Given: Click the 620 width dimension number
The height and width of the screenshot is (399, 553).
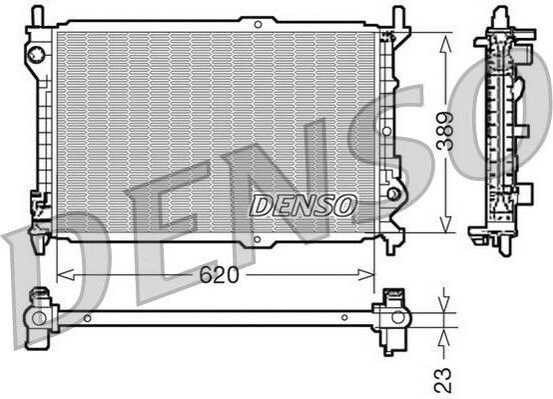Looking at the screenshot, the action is [219, 275].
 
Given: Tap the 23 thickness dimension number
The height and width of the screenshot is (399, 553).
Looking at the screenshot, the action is [443, 380].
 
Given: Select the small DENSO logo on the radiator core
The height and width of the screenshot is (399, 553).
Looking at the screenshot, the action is [302, 205].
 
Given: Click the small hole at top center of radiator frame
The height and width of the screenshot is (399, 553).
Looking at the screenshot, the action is [258, 25].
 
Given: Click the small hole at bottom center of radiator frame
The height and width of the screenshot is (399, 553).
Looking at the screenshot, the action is [258, 240].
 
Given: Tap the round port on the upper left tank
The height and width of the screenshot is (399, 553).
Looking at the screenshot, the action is [37, 54].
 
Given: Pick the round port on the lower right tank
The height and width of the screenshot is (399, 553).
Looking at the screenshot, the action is [393, 194].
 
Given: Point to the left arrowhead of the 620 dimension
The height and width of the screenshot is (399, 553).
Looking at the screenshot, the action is [65, 275].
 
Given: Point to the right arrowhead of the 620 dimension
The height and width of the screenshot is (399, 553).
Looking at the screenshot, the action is [365, 275].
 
